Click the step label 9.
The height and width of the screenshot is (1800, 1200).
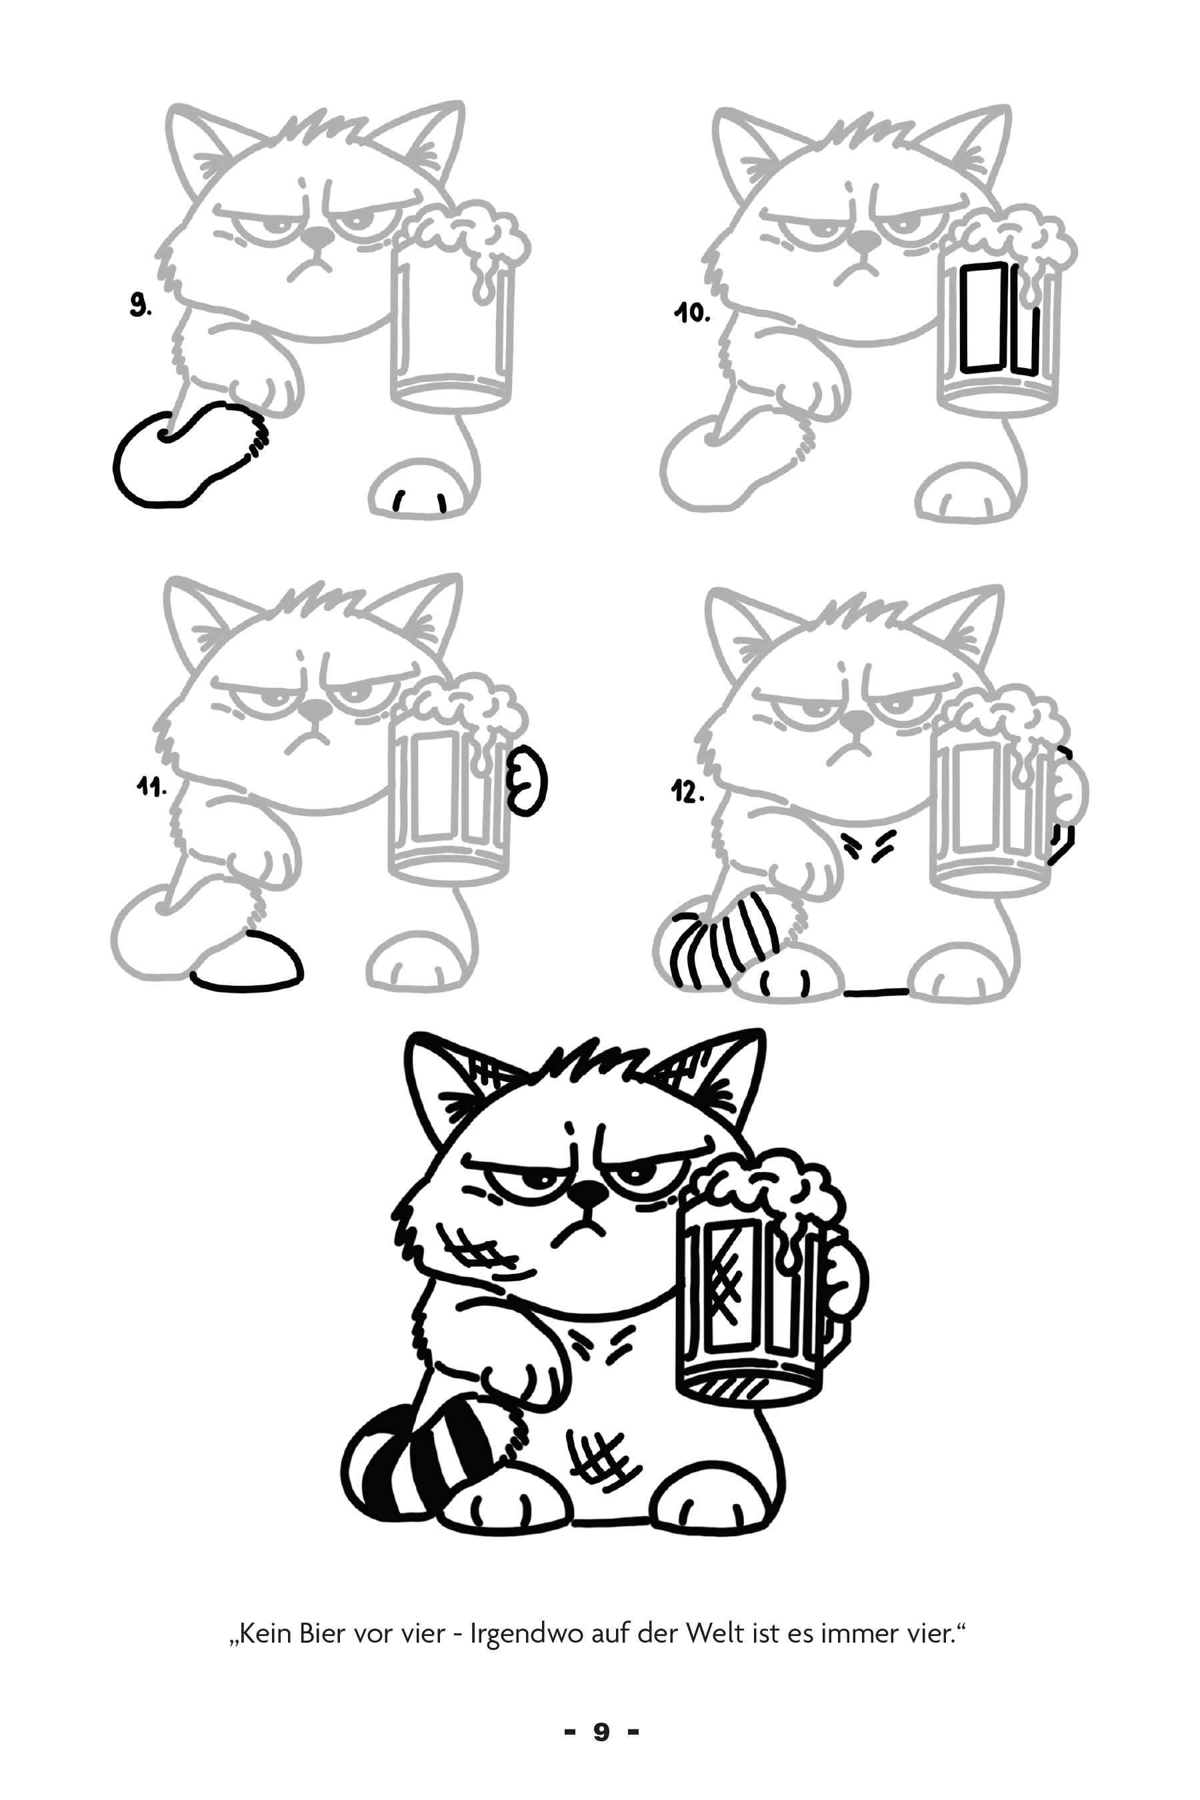[140, 307]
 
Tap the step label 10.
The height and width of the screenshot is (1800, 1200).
[693, 313]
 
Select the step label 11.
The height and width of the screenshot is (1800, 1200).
[151, 787]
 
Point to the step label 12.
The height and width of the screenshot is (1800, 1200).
[687, 793]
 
